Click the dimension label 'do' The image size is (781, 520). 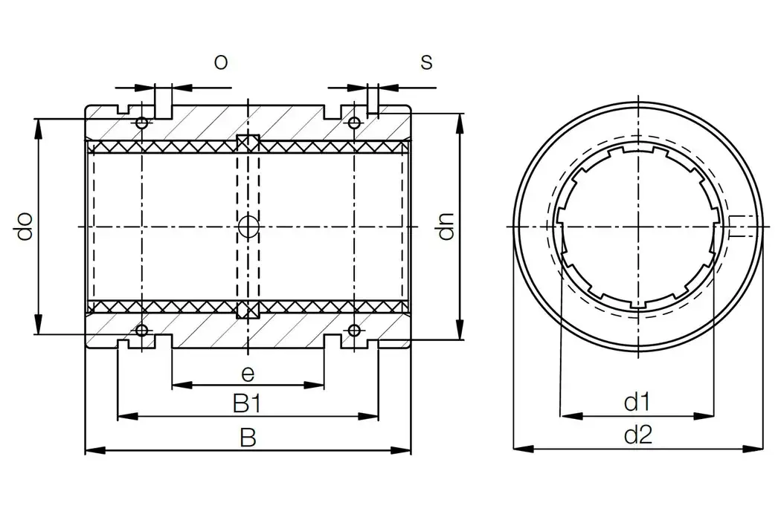(25, 227)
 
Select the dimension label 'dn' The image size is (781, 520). (445, 227)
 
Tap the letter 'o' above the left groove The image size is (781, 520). (220, 62)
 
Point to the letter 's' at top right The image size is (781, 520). (426, 62)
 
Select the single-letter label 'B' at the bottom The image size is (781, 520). (248, 438)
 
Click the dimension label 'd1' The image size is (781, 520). (637, 403)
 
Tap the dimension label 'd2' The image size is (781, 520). (637, 436)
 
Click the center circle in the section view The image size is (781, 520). (248, 227)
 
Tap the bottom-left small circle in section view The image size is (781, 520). (141, 330)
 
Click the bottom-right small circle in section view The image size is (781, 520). (355, 330)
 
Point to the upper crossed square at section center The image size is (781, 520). (248, 143)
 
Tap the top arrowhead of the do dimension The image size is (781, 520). (37, 127)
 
